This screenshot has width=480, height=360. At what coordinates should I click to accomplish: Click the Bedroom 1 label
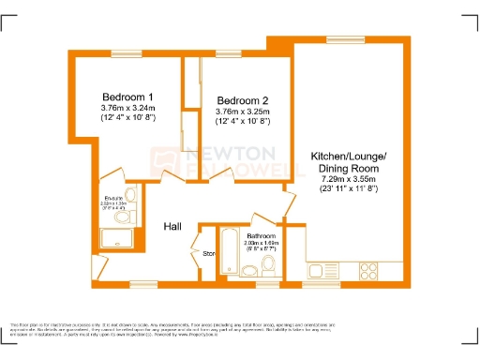pyautogui.click(x=127, y=97)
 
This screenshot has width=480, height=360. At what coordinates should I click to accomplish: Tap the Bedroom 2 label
pyautogui.click(x=243, y=100)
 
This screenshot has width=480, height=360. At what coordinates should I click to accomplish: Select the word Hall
pyautogui.click(x=173, y=227)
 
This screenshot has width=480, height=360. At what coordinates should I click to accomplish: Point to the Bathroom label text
pyautogui.click(x=261, y=236)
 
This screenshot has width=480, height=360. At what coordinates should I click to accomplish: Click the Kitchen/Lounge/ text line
pyautogui.click(x=348, y=155)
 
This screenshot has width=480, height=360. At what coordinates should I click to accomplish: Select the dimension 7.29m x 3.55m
pyautogui.click(x=348, y=178)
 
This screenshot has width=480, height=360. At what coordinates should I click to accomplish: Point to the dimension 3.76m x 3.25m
pyautogui.click(x=243, y=112)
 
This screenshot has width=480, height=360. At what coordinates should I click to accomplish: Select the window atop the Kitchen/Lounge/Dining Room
pyautogui.click(x=339, y=38)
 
